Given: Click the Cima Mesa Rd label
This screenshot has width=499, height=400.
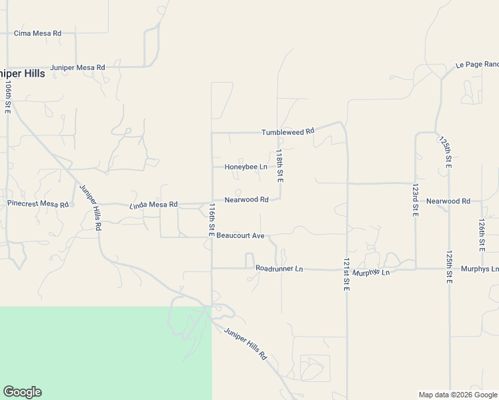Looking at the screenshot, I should (x=37, y=33).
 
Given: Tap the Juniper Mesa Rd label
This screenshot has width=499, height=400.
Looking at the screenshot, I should (x=77, y=67).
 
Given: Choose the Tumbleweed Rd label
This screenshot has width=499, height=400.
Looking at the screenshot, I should (x=288, y=132).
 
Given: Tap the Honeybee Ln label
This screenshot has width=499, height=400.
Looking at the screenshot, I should (x=245, y=167).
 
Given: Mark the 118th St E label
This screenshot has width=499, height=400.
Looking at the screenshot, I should (x=280, y=166).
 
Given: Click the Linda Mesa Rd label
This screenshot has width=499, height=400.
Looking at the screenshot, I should (x=153, y=205).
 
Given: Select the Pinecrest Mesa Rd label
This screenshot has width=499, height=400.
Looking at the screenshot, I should (x=37, y=203).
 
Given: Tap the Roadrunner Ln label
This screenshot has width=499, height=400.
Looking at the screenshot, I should (x=279, y=269).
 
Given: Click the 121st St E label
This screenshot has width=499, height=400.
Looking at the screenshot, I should (x=347, y=274).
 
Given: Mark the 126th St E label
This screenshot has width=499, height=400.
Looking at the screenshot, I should (x=482, y=235).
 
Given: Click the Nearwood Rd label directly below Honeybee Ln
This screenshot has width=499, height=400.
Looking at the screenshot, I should (x=246, y=199).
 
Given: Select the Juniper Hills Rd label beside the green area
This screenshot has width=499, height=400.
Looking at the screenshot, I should (x=245, y=344).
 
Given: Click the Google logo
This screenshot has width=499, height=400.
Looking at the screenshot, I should (x=22, y=392).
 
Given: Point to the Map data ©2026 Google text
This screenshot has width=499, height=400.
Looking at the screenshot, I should (x=457, y=395).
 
